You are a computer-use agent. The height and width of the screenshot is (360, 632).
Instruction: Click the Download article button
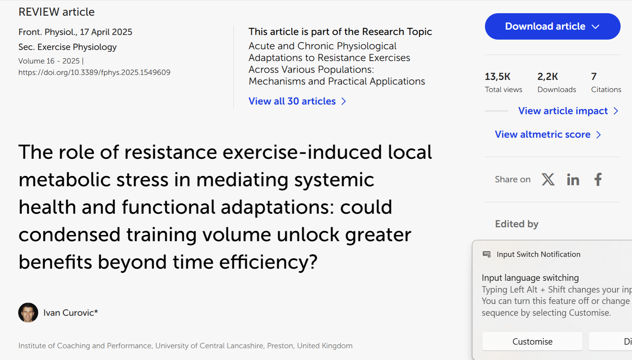click(x=552, y=26)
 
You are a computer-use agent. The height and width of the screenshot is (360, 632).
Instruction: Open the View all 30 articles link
click(x=297, y=101)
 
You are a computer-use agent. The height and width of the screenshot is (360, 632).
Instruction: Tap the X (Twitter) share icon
click(x=548, y=179)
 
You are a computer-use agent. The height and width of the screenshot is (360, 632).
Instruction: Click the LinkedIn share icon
click(x=573, y=179)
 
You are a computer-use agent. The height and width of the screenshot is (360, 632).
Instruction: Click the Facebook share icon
click(x=598, y=179)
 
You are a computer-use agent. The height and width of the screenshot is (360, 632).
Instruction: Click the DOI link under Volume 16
click(x=94, y=72)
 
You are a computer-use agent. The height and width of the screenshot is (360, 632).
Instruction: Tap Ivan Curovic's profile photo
click(x=28, y=313)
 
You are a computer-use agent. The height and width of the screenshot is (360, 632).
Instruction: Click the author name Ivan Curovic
click(x=71, y=313)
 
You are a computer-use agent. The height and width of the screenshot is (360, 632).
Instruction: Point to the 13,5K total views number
click(x=498, y=77)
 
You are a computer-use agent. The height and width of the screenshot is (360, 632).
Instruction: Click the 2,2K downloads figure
click(x=548, y=77)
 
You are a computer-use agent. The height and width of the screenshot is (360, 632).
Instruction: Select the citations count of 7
click(x=594, y=76)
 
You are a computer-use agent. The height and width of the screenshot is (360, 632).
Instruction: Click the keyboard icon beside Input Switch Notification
click(x=487, y=254)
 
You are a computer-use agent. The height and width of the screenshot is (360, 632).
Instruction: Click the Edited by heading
click(x=517, y=224)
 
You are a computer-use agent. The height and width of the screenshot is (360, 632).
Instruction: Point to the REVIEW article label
click(x=57, y=12)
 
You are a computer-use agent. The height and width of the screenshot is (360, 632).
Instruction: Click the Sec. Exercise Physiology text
click(x=68, y=47)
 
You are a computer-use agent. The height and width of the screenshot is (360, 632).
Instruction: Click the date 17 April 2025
click(x=106, y=32)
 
